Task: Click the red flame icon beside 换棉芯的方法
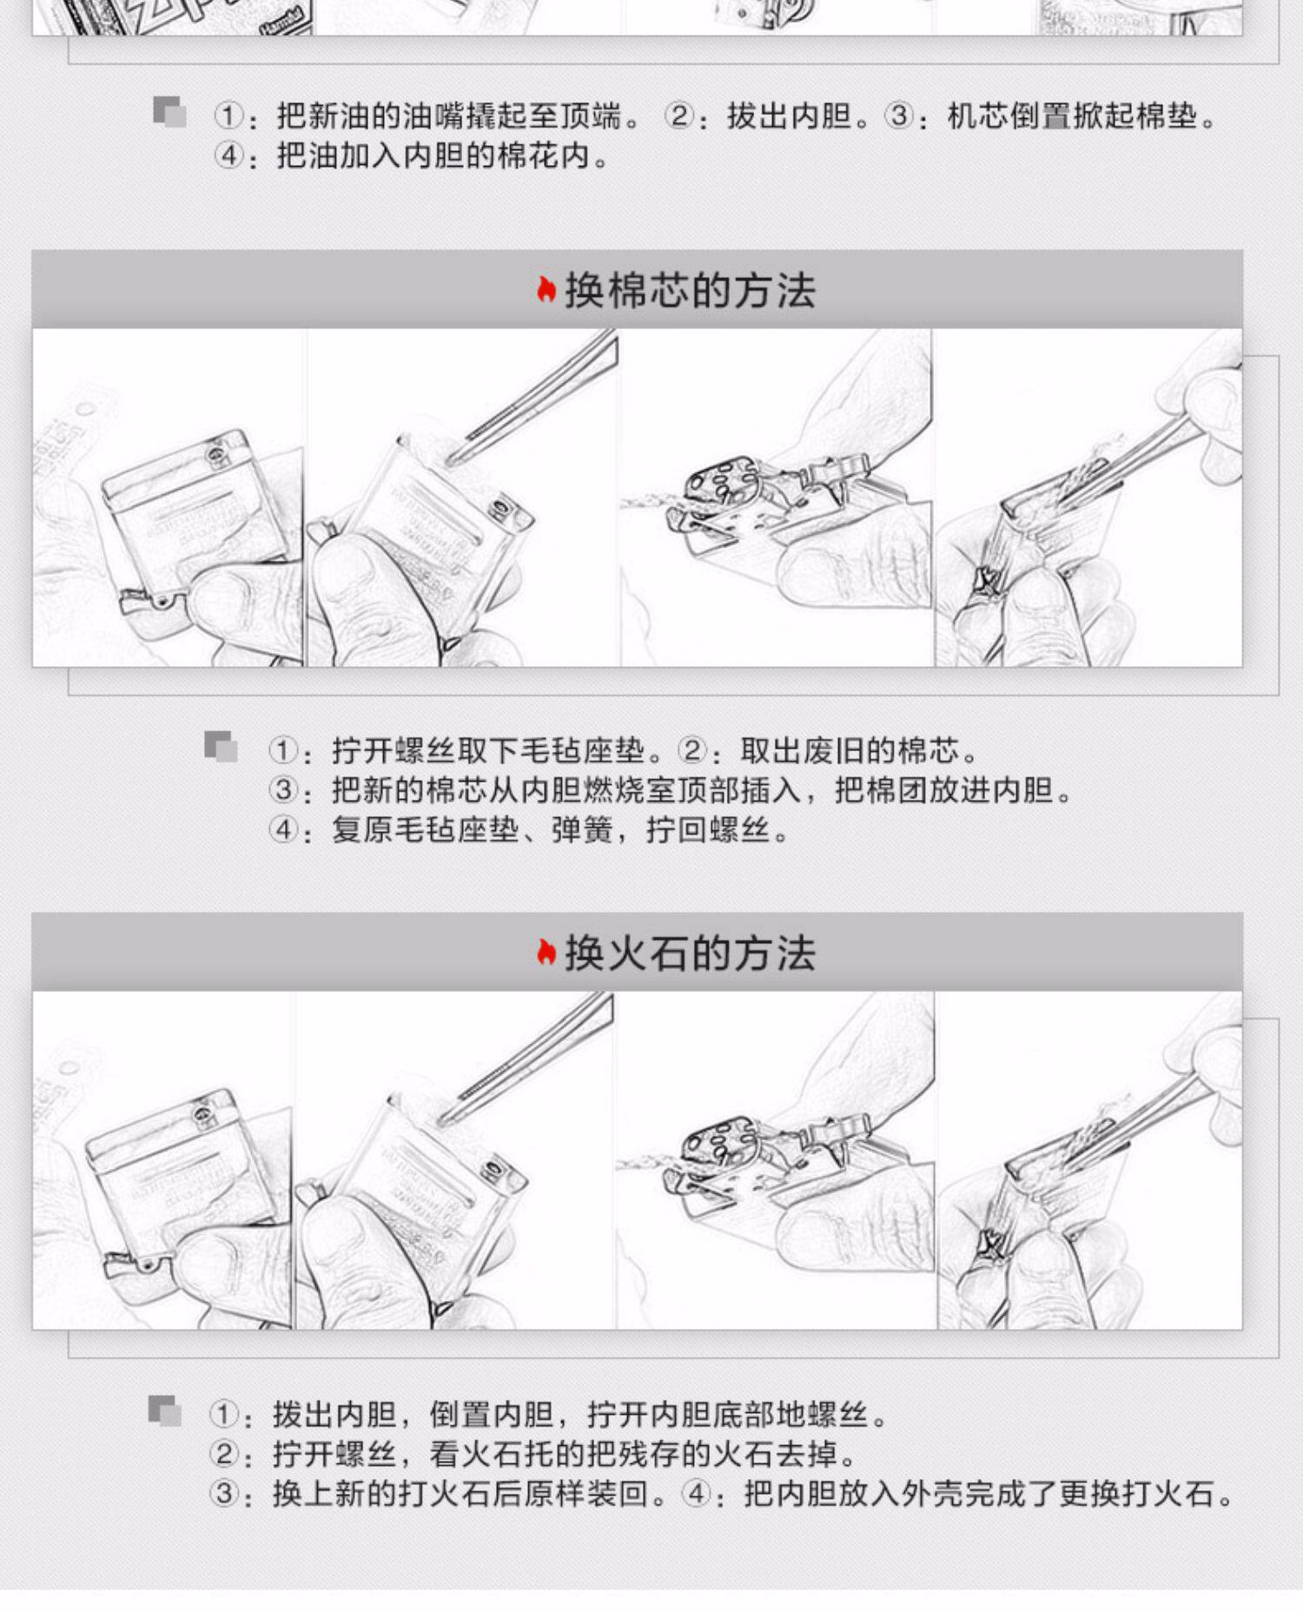pyautogui.click(x=546, y=290)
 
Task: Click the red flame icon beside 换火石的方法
pyautogui.click(x=546, y=953)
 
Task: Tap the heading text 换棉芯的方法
pyautogui.click(x=691, y=290)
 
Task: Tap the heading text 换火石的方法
pyautogui.click(x=691, y=953)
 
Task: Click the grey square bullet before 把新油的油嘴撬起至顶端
pyautogui.click(x=169, y=112)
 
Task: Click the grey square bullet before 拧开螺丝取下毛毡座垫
pyautogui.click(x=221, y=747)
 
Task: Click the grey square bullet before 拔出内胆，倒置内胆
pyautogui.click(x=165, y=1411)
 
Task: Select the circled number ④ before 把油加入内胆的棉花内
pyautogui.click(x=229, y=156)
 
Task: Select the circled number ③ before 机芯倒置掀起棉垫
pyautogui.click(x=900, y=116)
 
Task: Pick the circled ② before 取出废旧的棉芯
pyautogui.click(x=692, y=750)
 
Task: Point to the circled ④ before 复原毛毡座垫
pyautogui.click(x=284, y=830)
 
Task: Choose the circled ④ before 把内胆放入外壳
pyautogui.click(x=697, y=1494)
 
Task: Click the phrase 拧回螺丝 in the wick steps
pyautogui.click(x=708, y=830)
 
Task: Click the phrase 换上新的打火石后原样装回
pyautogui.click(x=461, y=1494)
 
